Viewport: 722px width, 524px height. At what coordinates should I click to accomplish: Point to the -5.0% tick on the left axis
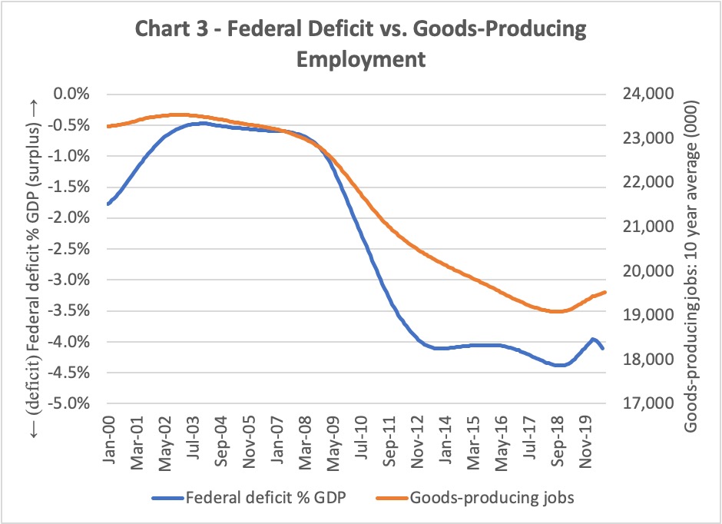tap(69, 403)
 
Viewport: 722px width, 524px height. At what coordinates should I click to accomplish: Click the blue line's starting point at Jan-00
tap(108, 204)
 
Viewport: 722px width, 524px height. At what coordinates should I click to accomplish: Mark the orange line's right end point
tap(605, 291)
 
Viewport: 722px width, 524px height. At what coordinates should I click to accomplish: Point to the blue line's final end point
tap(604, 349)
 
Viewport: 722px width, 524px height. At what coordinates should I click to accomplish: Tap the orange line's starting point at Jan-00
tap(108, 126)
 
